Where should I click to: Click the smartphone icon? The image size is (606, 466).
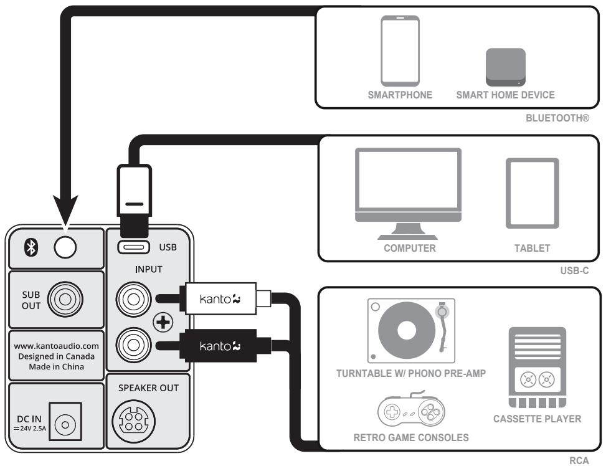tap(400, 51)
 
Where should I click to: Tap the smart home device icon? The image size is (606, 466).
tap(505, 67)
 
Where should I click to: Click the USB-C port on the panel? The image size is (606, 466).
tap(133, 247)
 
